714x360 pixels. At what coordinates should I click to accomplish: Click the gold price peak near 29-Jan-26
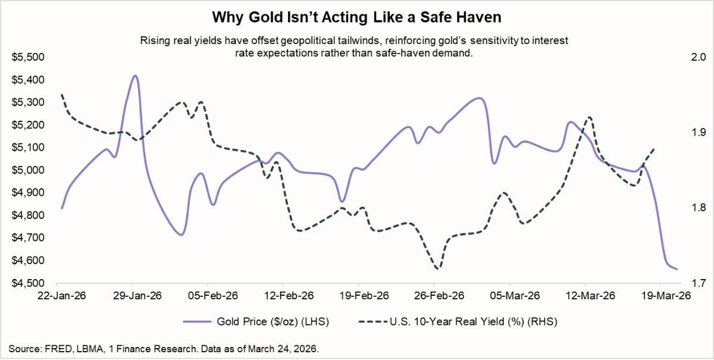tap(135, 76)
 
